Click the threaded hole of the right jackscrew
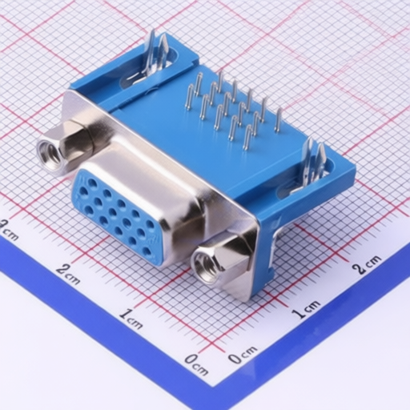207,266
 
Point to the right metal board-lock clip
313,163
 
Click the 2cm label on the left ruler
69,274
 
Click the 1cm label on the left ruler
131,319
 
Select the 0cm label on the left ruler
196,364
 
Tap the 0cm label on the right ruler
243,354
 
